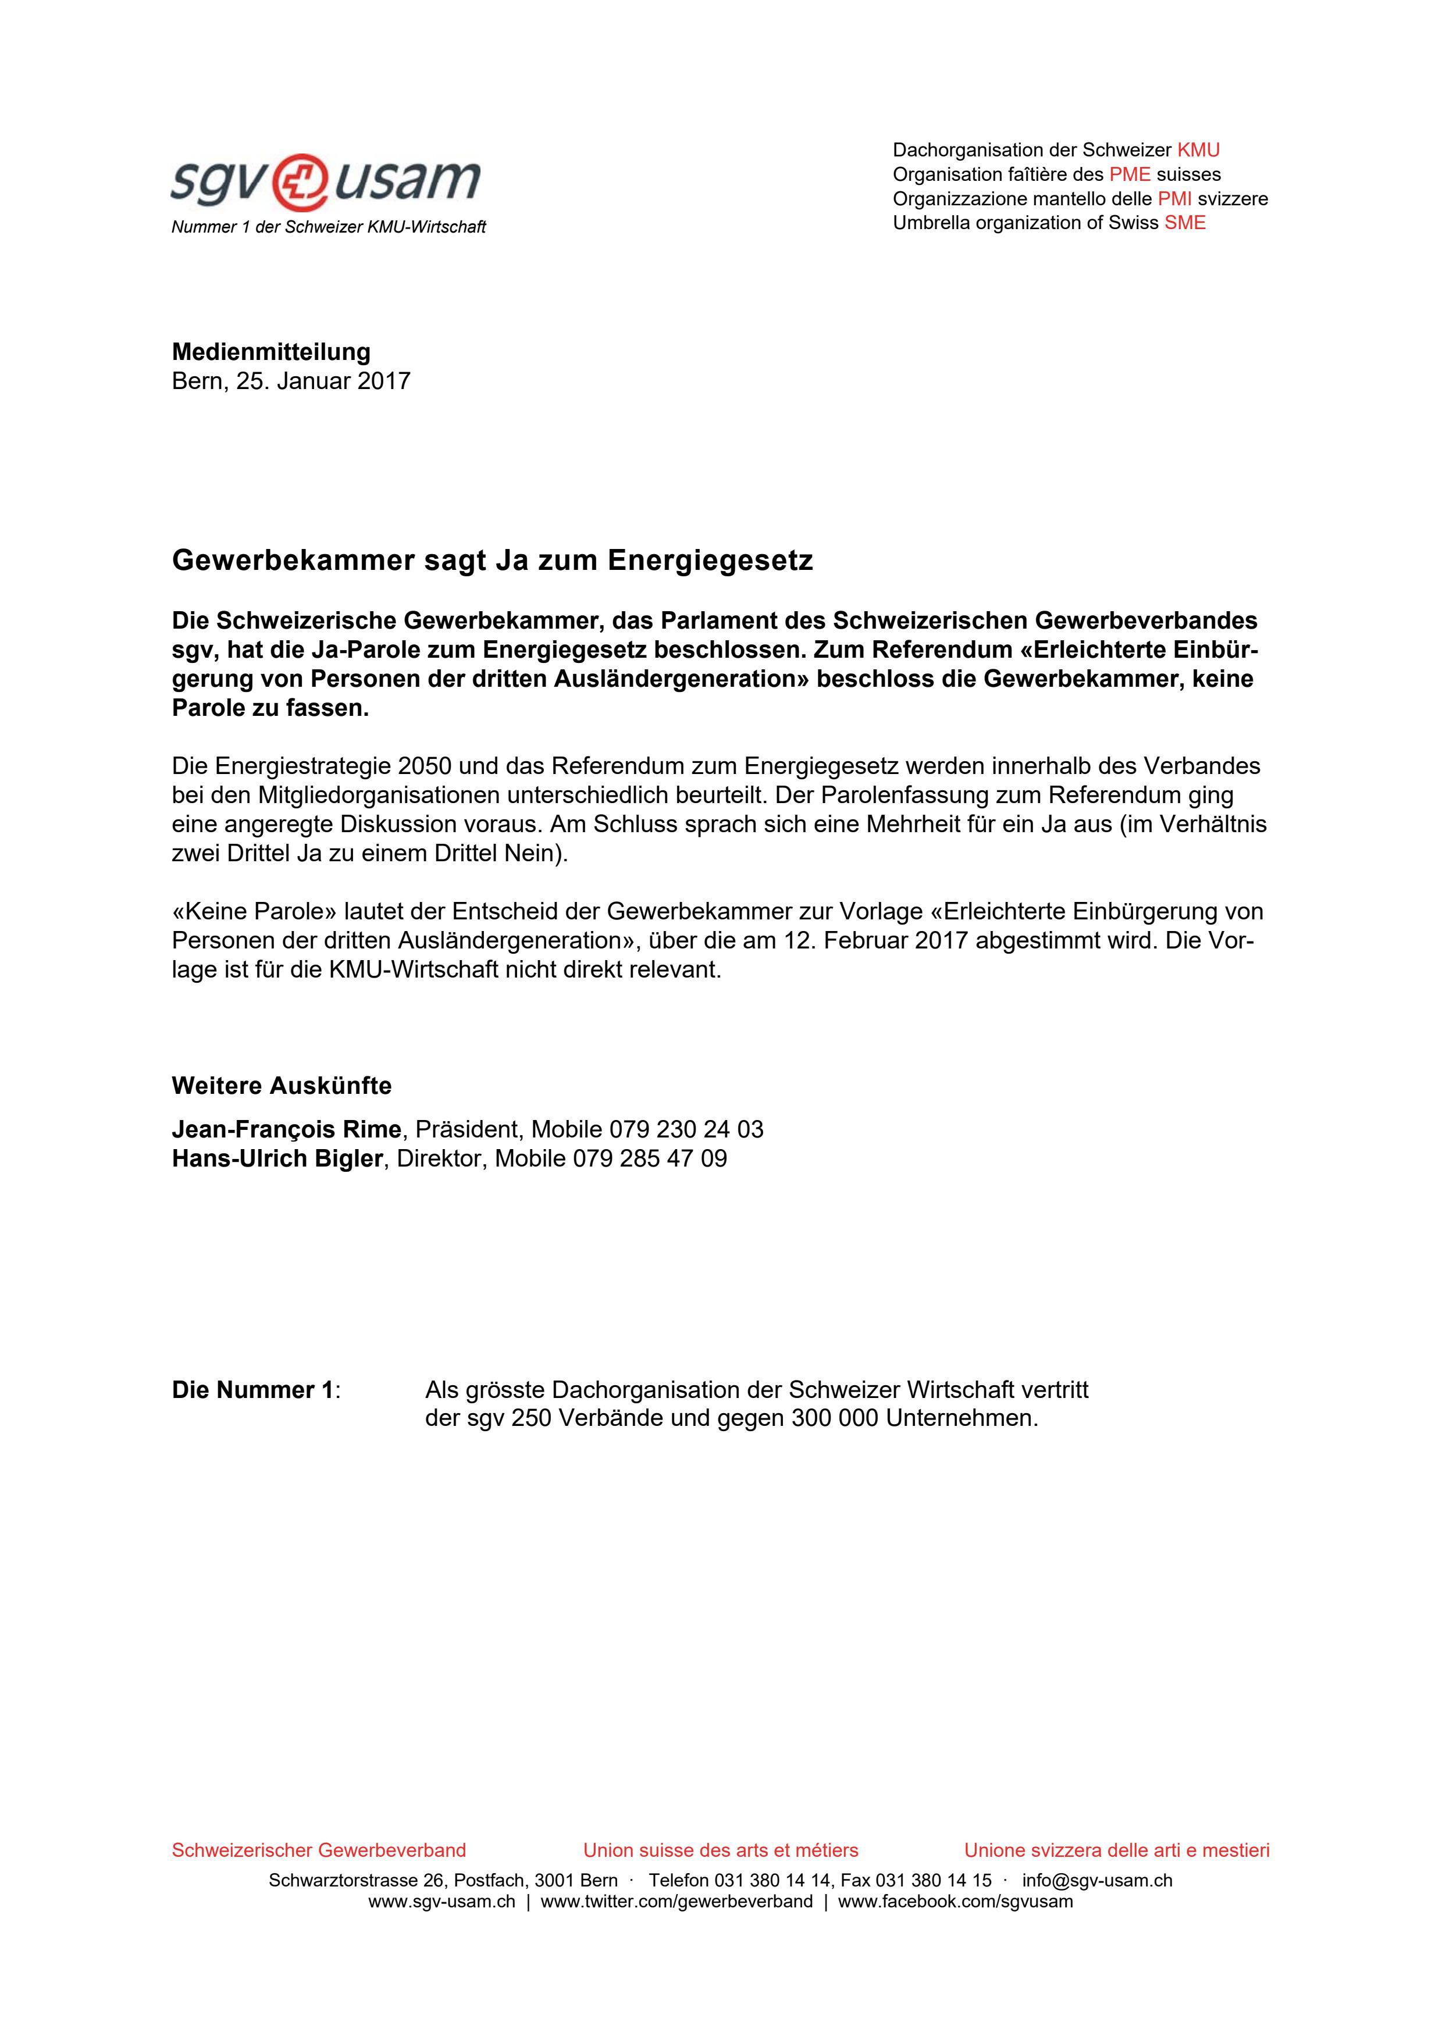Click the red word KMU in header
(x=1198, y=149)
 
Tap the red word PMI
(x=1174, y=198)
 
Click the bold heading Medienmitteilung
(x=271, y=352)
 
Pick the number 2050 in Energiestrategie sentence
(x=426, y=765)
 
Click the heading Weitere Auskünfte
(x=282, y=1086)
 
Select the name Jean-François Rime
(x=286, y=1129)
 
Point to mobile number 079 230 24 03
(x=686, y=1129)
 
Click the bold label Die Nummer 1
(x=253, y=1390)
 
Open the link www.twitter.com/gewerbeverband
(x=676, y=1902)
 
